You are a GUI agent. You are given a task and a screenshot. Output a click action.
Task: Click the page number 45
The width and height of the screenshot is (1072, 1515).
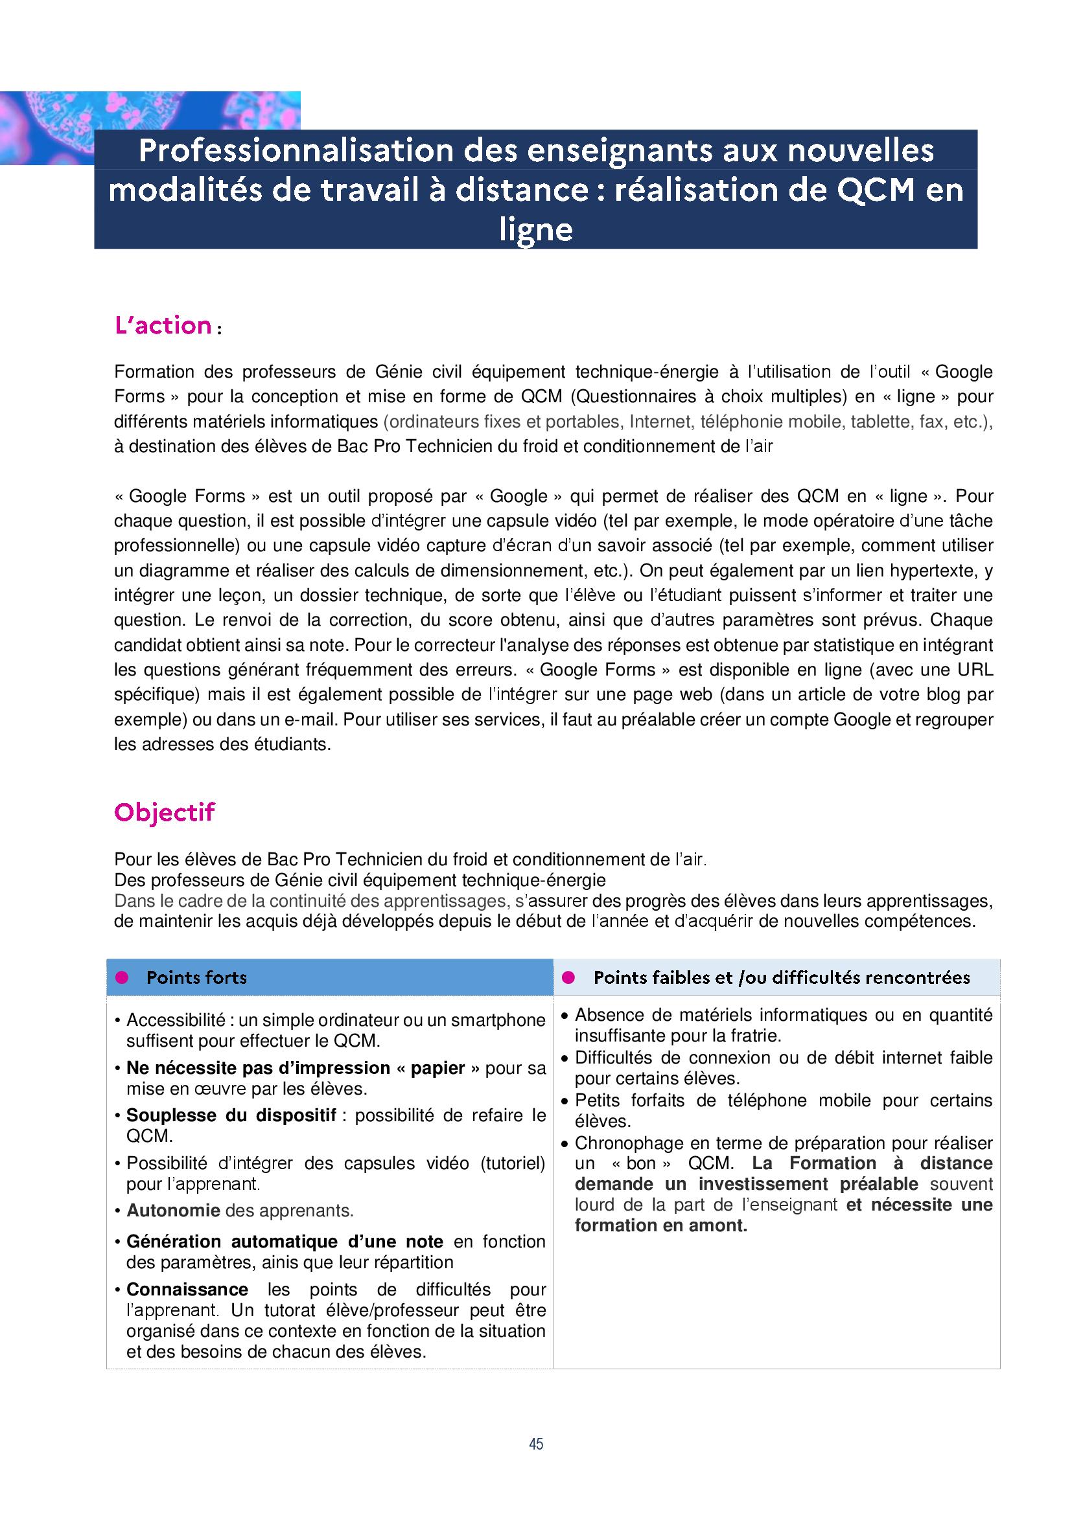535,1444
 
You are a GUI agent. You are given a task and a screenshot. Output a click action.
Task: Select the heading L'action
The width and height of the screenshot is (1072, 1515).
163,326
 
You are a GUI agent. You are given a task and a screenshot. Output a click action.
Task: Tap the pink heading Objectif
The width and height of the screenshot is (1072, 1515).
165,812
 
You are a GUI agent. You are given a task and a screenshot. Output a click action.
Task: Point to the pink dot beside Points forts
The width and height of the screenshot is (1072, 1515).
121,977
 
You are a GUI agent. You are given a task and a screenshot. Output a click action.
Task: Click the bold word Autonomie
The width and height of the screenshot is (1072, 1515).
173,1211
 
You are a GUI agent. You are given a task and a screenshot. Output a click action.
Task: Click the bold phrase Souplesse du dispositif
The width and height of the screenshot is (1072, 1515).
231,1115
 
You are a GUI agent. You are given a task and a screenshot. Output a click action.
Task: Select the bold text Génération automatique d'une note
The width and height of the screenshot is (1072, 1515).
285,1242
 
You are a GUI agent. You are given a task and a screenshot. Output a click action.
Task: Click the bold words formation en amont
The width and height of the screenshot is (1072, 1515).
660,1225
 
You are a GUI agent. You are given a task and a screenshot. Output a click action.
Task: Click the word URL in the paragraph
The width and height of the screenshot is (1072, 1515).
975,670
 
